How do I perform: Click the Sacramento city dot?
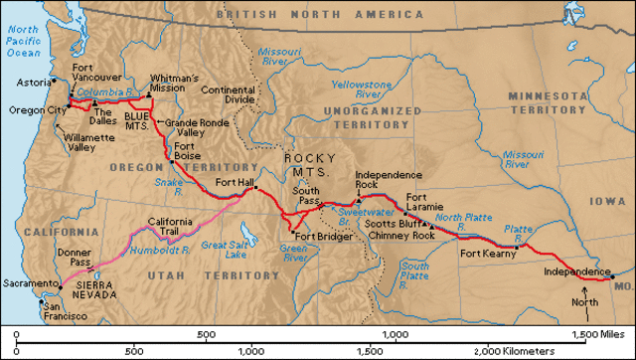[x=39, y=283]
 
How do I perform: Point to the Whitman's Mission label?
[x=173, y=83]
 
